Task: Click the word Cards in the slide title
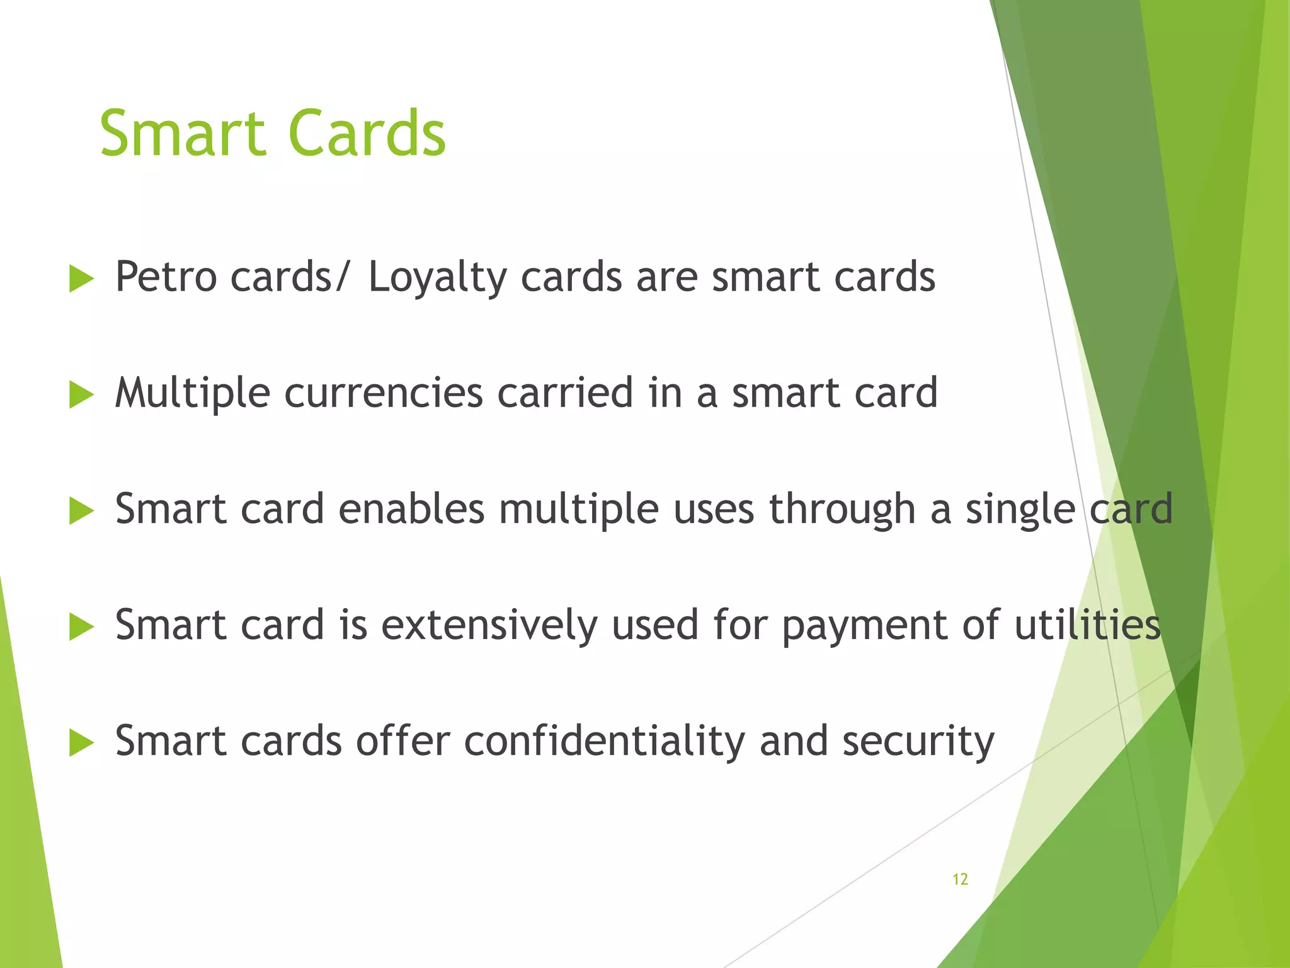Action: [x=367, y=134]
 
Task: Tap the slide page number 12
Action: [x=960, y=879]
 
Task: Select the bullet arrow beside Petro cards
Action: [x=81, y=279]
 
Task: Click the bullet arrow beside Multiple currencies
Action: [x=81, y=395]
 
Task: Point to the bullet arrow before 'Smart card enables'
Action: [x=81, y=510]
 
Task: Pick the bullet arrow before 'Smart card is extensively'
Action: [x=81, y=627]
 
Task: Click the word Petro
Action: [x=166, y=277]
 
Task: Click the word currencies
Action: [x=384, y=394]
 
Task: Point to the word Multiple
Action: [x=193, y=394]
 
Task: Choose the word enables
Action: [x=411, y=509]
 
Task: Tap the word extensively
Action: [x=489, y=626]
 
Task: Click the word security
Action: [x=918, y=742]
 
